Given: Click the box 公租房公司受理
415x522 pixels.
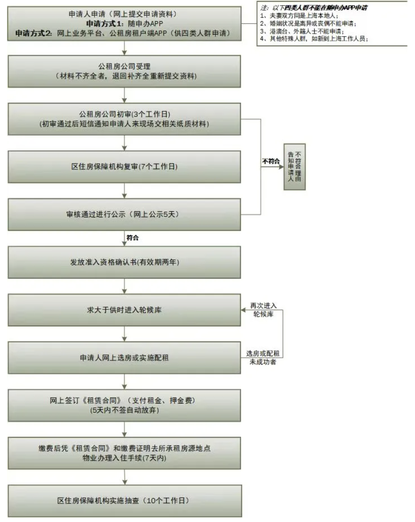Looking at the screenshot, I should click(x=124, y=71).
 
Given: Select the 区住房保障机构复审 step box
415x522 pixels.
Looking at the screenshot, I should click(x=124, y=167).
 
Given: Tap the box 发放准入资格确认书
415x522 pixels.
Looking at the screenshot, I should click(x=124, y=262).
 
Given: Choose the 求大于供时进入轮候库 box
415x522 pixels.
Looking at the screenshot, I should click(x=124, y=310).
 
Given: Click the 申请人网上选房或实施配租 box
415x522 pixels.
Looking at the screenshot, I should click(x=124, y=358).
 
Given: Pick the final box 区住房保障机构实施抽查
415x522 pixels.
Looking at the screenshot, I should click(x=124, y=501).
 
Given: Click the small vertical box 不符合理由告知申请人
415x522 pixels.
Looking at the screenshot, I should click(x=294, y=167).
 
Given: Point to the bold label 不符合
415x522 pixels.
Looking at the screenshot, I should click(x=271, y=161).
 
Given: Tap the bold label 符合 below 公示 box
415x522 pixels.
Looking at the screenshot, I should click(x=133, y=238).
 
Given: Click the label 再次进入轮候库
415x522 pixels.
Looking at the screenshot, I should click(x=263, y=310).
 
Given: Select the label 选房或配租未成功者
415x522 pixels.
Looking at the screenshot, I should click(x=263, y=358).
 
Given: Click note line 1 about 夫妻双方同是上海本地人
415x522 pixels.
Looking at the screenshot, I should click(x=299, y=16).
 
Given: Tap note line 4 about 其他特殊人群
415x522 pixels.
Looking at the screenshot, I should click(x=314, y=39).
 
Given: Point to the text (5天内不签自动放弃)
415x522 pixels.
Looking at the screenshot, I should click(x=124, y=410).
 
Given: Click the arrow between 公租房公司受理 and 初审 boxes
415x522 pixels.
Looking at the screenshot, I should click(x=124, y=95).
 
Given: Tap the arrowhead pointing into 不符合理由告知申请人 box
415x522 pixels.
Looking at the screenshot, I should click(x=281, y=167).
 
